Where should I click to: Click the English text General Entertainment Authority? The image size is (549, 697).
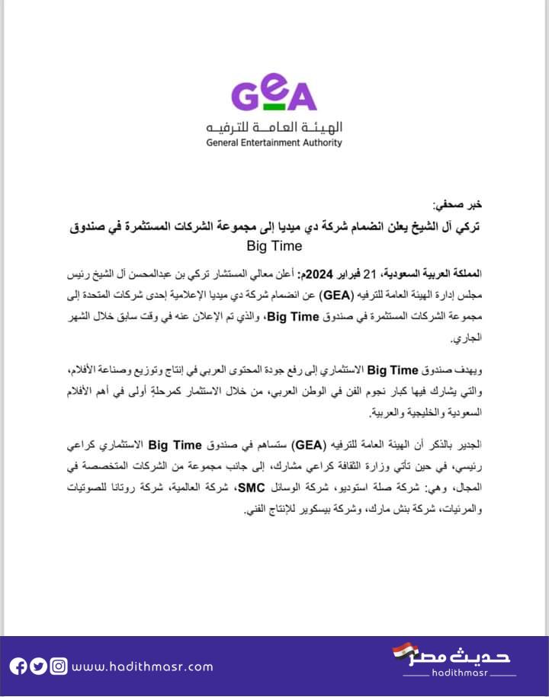click(274, 142)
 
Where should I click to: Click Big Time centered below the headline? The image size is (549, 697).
click(274, 246)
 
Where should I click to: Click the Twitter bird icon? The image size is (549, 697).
click(39, 666)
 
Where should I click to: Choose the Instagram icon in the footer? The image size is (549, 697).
click(58, 666)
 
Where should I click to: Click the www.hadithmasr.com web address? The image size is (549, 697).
click(142, 667)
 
